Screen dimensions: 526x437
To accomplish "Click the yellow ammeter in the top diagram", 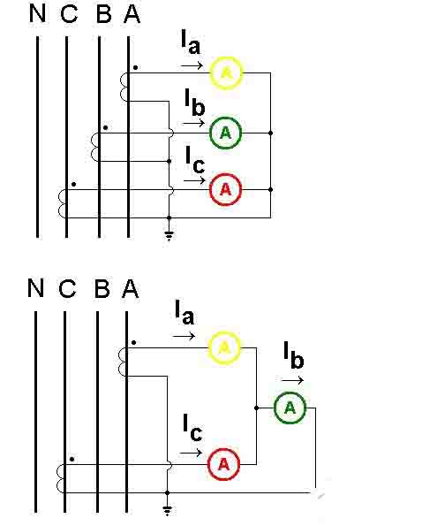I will coord(225,72).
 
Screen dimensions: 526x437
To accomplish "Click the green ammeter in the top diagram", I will coord(225,133).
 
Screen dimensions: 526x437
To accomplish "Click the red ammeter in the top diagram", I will coord(225,188).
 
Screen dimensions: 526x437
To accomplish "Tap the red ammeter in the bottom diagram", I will coord(223,462).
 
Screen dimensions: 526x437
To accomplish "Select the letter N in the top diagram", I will coord(37,14).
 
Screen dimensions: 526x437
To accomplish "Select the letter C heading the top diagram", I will coord(68,14).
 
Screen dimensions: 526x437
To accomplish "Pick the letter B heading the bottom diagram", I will coord(102,289).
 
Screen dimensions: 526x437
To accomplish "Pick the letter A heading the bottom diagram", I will coord(131,289).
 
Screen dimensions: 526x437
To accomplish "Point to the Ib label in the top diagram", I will coord(194,101).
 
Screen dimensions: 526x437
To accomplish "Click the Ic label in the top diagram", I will coord(194,159).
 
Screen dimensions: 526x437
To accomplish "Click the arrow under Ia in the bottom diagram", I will coord(184,337).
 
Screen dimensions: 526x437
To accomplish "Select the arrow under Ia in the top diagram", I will coord(190,65).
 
